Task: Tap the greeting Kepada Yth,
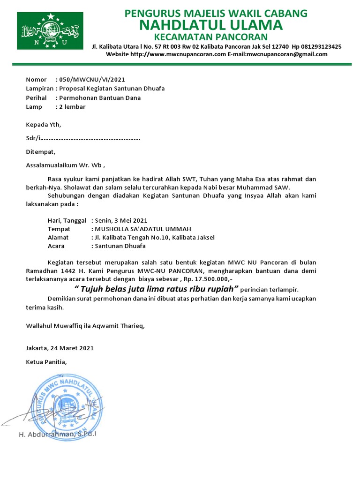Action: pyautogui.click(x=43, y=125)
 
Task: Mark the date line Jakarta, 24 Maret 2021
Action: pyautogui.click(x=60, y=348)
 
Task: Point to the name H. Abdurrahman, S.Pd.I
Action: pyautogui.click(x=58, y=435)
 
